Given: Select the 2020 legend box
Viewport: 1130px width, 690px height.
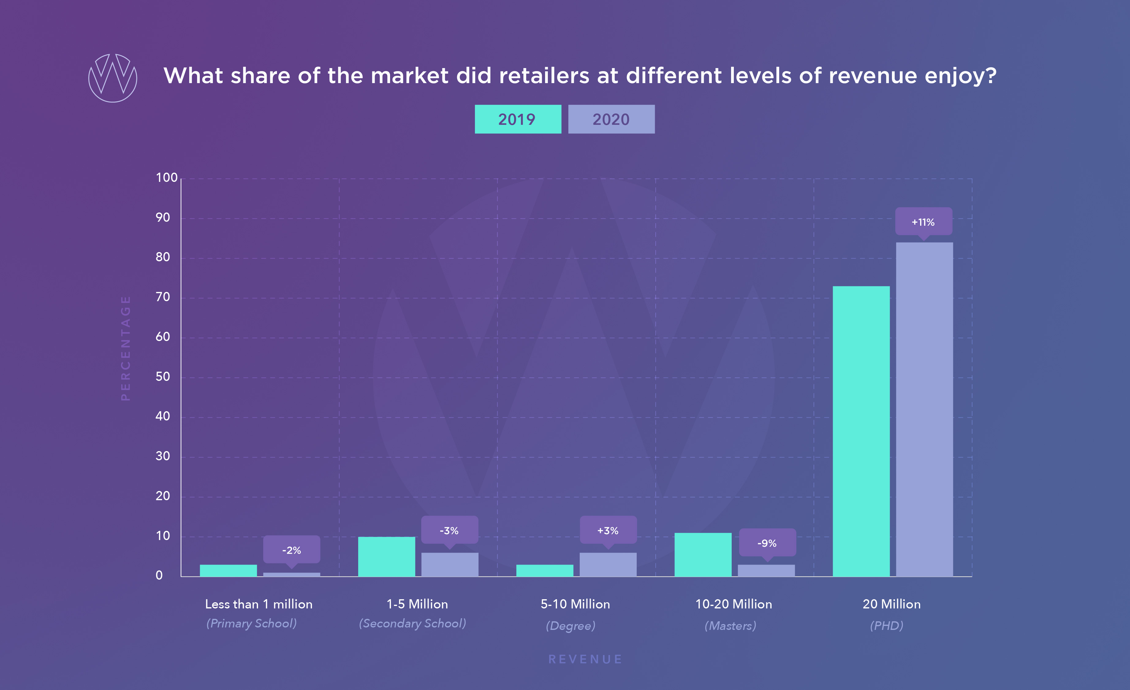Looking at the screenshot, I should point(611,119).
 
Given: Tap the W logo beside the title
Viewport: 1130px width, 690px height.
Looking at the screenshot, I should point(112,78).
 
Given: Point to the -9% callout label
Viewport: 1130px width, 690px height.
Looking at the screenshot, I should point(767,543).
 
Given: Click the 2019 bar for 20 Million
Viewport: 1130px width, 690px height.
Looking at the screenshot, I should point(861,431).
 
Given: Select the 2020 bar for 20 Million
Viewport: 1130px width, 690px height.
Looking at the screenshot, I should point(924,408).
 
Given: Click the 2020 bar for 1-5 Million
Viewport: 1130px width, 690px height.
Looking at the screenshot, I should point(449,565).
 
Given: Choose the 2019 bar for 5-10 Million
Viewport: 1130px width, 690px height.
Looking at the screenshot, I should point(544,571).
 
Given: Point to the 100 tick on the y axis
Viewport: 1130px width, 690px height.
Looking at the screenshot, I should point(166,178).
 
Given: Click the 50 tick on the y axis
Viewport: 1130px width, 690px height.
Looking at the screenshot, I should point(162,377).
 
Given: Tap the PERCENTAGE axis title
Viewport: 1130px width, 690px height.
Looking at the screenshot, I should point(126,348).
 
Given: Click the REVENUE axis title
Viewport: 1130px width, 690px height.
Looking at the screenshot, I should point(585,659).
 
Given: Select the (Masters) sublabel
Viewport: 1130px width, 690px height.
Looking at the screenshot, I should point(730,626).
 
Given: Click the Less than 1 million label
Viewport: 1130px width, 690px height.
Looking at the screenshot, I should point(259,604).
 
